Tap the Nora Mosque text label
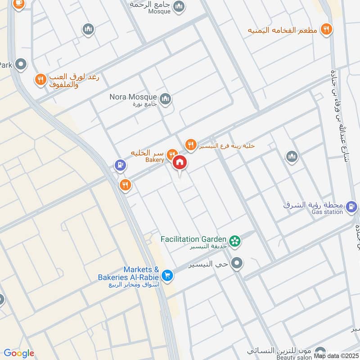point(133,97)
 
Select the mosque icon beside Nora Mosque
point(165,98)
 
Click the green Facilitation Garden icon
point(234,241)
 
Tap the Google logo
point(18,353)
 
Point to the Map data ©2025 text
point(336,355)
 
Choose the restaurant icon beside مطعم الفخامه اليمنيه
point(326,30)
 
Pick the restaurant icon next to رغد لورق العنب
point(40,80)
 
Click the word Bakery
point(154,160)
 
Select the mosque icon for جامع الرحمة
point(179,6)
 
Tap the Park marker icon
point(20,65)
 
